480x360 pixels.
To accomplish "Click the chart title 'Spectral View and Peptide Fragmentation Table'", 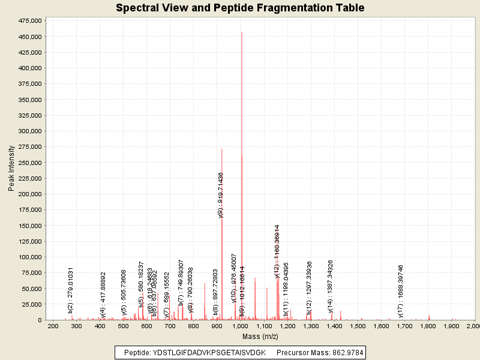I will tap(240, 8).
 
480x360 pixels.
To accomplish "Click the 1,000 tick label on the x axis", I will tap(240, 326).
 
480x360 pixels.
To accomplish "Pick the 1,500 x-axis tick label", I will tap(358, 326).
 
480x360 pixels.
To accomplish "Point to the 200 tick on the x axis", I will tap(53, 326).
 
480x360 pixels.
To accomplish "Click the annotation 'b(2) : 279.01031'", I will tap(71, 290).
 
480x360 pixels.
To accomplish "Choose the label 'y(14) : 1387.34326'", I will tap(330, 286).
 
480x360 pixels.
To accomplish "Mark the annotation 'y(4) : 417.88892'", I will tap(103, 294).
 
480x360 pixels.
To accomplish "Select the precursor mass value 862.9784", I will tap(344, 352).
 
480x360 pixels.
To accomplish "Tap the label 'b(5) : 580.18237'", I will tap(141, 284).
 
